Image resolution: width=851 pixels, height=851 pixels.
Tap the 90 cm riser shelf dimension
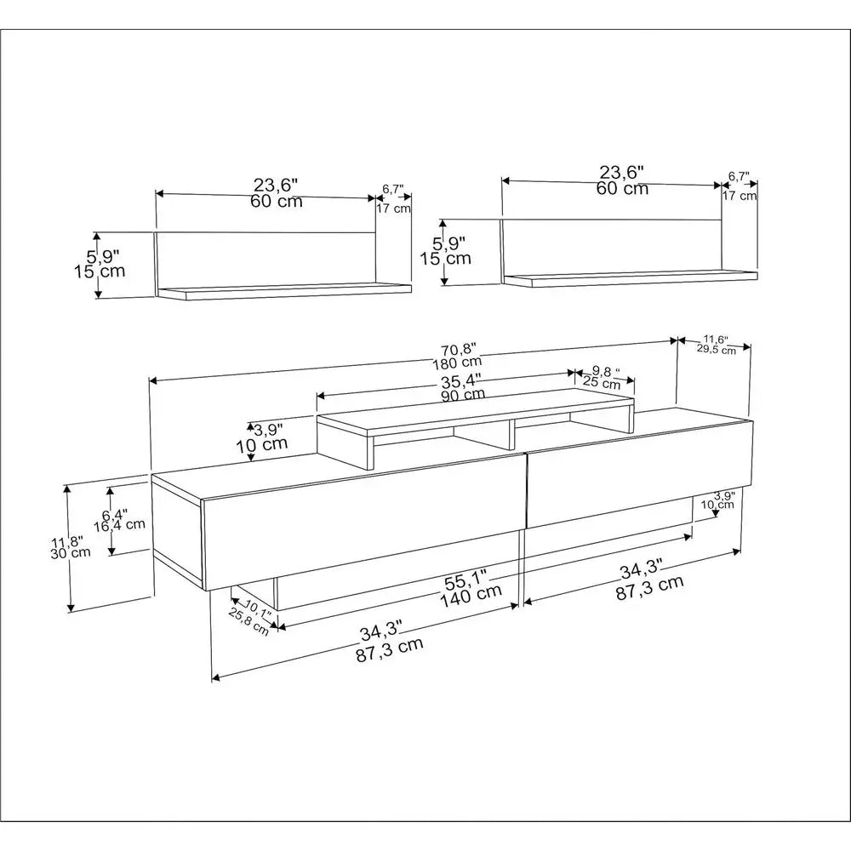(x=463, y=394)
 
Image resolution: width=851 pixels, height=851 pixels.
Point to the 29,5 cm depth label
(x=717, y=350)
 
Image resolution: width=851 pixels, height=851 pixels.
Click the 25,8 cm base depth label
(x=248, y=622)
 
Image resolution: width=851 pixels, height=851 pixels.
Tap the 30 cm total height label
(x=71, y=553)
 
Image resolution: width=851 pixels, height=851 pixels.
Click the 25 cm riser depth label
(x=602, y=384)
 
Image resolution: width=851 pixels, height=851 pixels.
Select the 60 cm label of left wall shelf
(x=277, y=201)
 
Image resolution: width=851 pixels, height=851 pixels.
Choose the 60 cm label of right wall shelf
(x=623, y=188)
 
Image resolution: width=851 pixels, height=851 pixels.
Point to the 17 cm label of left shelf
(x=393, y=208)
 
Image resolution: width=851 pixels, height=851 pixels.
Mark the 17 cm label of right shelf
(x=740, y=196)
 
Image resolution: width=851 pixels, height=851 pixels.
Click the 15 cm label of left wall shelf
(x=100, y=271)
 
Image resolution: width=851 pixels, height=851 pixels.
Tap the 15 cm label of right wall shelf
(x=446, y=259)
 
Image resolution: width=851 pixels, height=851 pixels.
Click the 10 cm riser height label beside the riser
(x=261, y=444)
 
